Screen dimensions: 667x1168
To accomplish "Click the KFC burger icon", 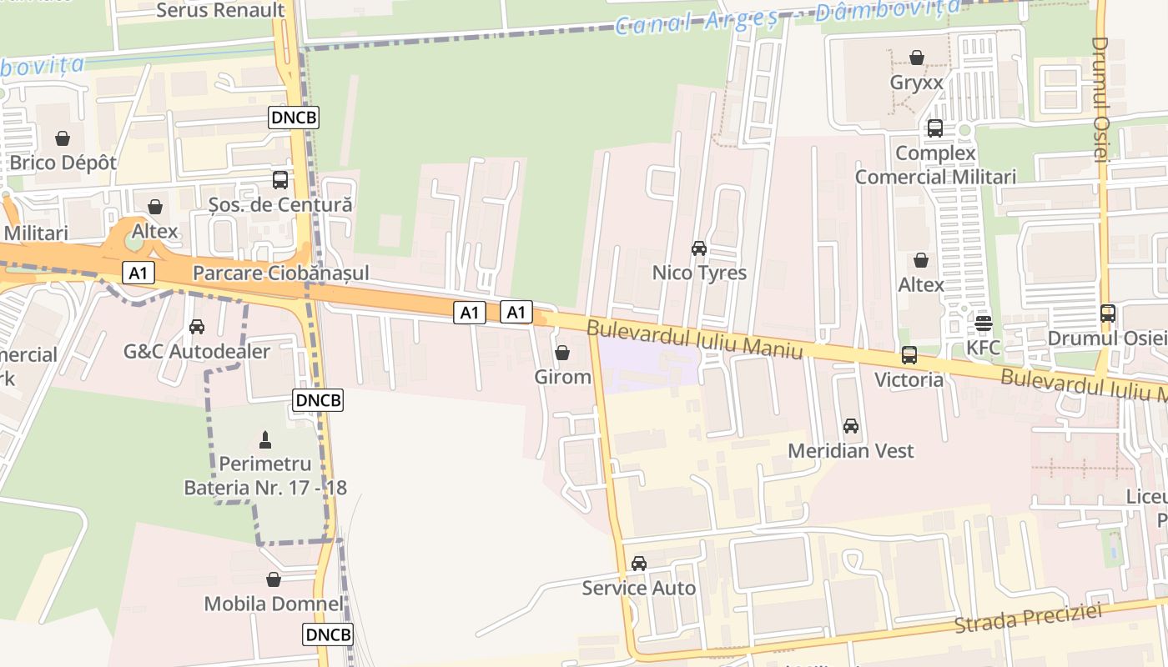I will [984, 323].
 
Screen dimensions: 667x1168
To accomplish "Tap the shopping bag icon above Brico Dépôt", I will [63, 138].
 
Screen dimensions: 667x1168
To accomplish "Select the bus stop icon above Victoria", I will [909, 355].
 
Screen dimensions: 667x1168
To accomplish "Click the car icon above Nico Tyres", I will [699, 248].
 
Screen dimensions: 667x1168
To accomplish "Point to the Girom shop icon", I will [562, 353].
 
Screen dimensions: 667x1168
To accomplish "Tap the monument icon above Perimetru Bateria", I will [265, 439].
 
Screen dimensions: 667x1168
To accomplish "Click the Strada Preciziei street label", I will [1028, 617].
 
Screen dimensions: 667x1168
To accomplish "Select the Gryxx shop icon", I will [917, 58].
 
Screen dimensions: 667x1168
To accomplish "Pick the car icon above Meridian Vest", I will [851, 426].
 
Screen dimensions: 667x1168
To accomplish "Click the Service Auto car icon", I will [639, 564].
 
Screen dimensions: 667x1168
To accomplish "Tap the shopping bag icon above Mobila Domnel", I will [274, 579].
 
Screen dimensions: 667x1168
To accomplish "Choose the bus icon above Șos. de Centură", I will [280, 179].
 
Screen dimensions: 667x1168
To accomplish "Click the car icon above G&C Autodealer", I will [197, 327].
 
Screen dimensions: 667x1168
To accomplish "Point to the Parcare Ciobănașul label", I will [280, 273].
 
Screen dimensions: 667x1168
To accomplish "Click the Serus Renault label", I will [220, 11].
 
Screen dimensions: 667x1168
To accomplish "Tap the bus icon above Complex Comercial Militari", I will [935, 128].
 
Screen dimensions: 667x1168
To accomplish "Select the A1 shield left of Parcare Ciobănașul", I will [138, 273].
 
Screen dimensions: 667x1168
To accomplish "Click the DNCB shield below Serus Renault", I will [294, 118].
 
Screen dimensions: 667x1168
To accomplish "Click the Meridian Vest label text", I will [851, 451].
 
